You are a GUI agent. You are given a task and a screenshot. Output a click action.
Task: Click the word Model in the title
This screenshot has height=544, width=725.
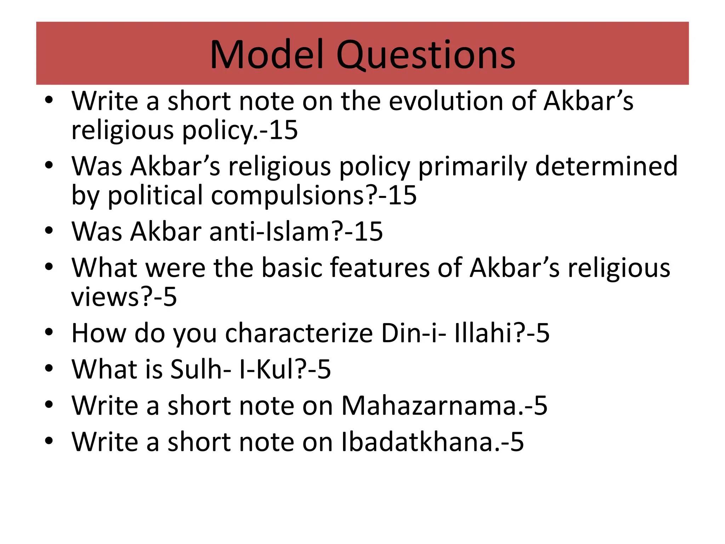click(267, 55)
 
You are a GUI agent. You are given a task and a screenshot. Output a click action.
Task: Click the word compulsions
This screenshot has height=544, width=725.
click(287, 196)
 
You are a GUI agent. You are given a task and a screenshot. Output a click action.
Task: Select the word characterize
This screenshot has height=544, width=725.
click(299, 333)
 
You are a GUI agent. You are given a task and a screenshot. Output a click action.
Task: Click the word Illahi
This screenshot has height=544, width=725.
click(483, 333)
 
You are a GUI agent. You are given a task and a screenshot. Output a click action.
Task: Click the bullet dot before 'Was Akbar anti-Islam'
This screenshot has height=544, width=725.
click(49, 231)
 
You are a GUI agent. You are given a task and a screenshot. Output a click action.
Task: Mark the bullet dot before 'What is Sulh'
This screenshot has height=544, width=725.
click(49, 369)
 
